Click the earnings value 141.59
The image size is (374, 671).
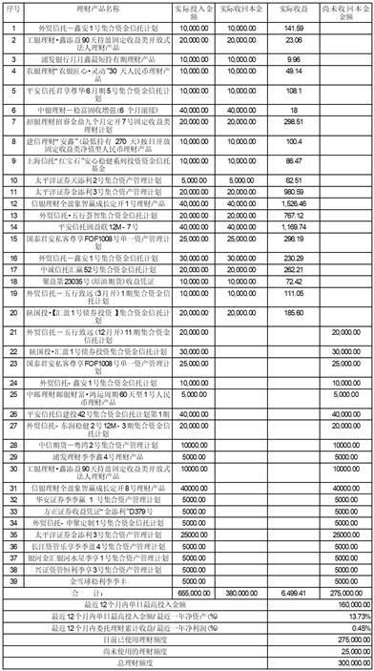(x=293, y=28)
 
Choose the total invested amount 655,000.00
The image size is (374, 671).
(x=190, y=593)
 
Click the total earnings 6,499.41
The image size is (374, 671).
(x=292, y=593)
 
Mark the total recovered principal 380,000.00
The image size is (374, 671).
(x=242, y=593)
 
